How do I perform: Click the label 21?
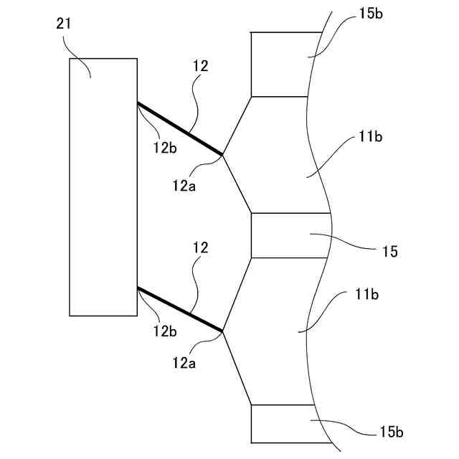coord(63,25)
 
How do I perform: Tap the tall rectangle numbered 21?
coord(103,186)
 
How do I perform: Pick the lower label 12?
coord(201,248)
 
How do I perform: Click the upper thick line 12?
coord(179,128)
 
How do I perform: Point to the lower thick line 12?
coord(179,309)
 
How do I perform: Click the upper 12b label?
coord(164,148)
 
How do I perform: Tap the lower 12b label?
coord(164,332)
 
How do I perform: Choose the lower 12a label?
coord(184,364)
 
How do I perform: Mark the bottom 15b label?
coord(392,432)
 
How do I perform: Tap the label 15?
coord(390,252)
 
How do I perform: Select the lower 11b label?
coord(366,295)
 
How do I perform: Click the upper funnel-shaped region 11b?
coord(276,154)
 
